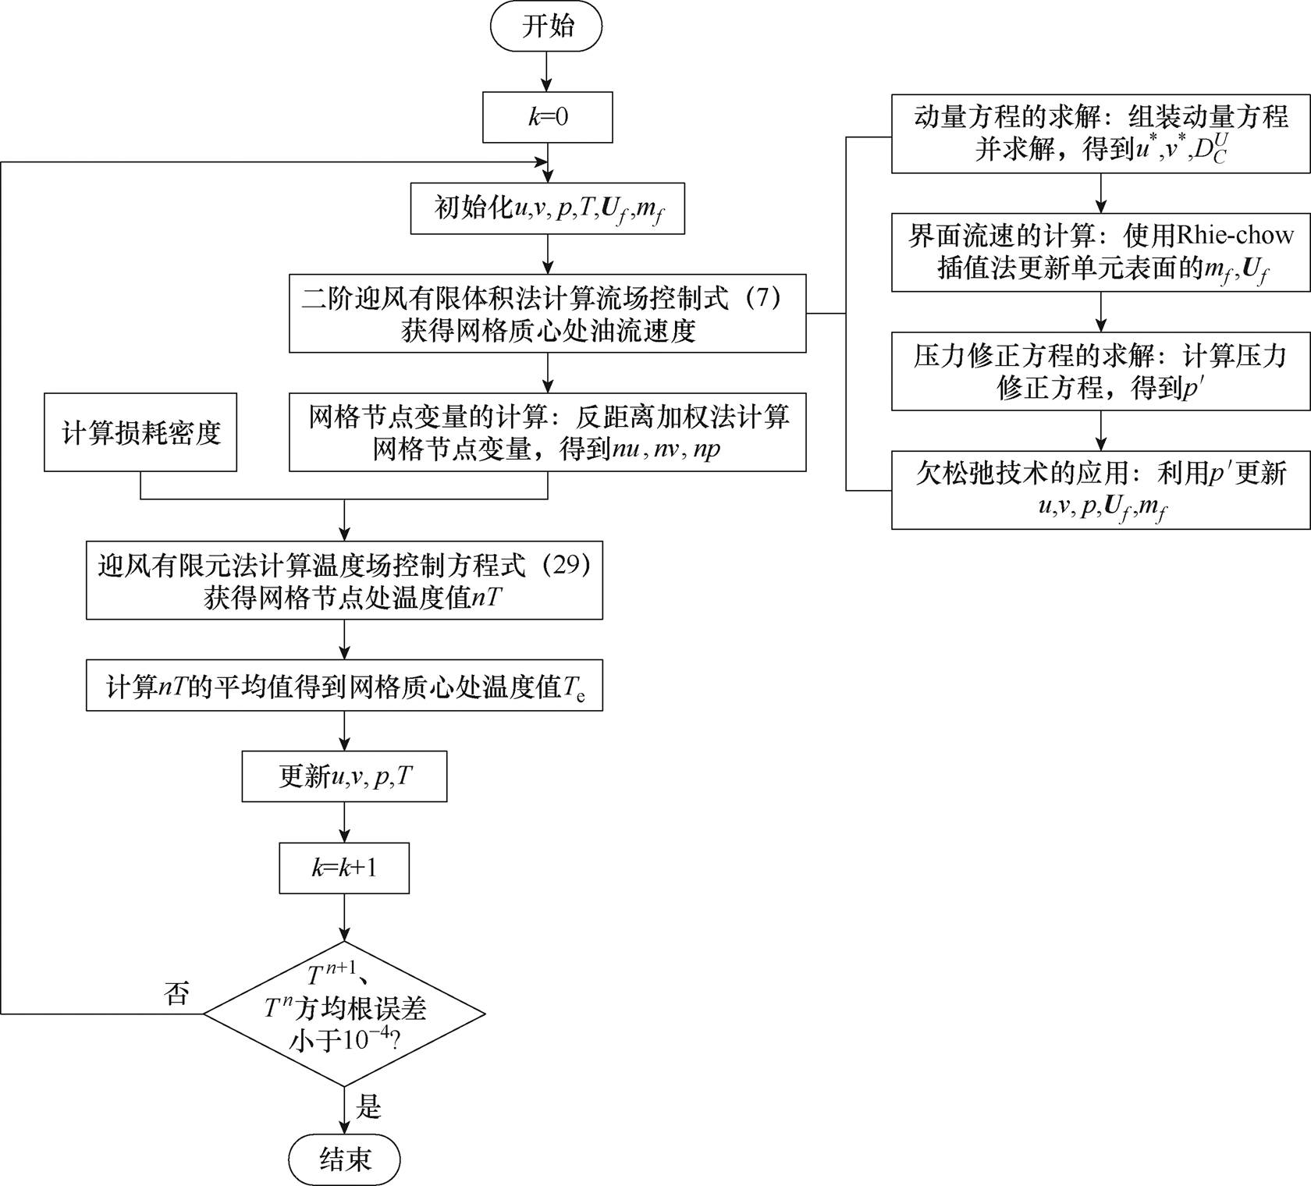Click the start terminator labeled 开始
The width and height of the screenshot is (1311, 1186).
click(546, 27)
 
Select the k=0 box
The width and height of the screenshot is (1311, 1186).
click(547, 118)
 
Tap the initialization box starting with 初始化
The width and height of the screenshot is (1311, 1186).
click(547, 209)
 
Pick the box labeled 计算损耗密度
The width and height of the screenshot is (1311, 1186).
click(140, 432)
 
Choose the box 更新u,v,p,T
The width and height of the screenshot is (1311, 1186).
click(344, 776)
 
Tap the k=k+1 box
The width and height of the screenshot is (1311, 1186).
click(344, 868)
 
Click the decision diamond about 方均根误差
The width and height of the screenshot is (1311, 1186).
click(344, 1014)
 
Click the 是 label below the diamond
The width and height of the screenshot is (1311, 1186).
click(369, 1106)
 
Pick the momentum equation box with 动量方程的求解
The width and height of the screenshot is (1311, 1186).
click(1100, 133)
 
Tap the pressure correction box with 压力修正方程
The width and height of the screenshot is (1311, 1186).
click(1100, 371)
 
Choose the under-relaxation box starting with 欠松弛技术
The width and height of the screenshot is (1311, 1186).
click(1100, 490)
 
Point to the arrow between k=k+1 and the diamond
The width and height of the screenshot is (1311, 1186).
click(344, 918)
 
